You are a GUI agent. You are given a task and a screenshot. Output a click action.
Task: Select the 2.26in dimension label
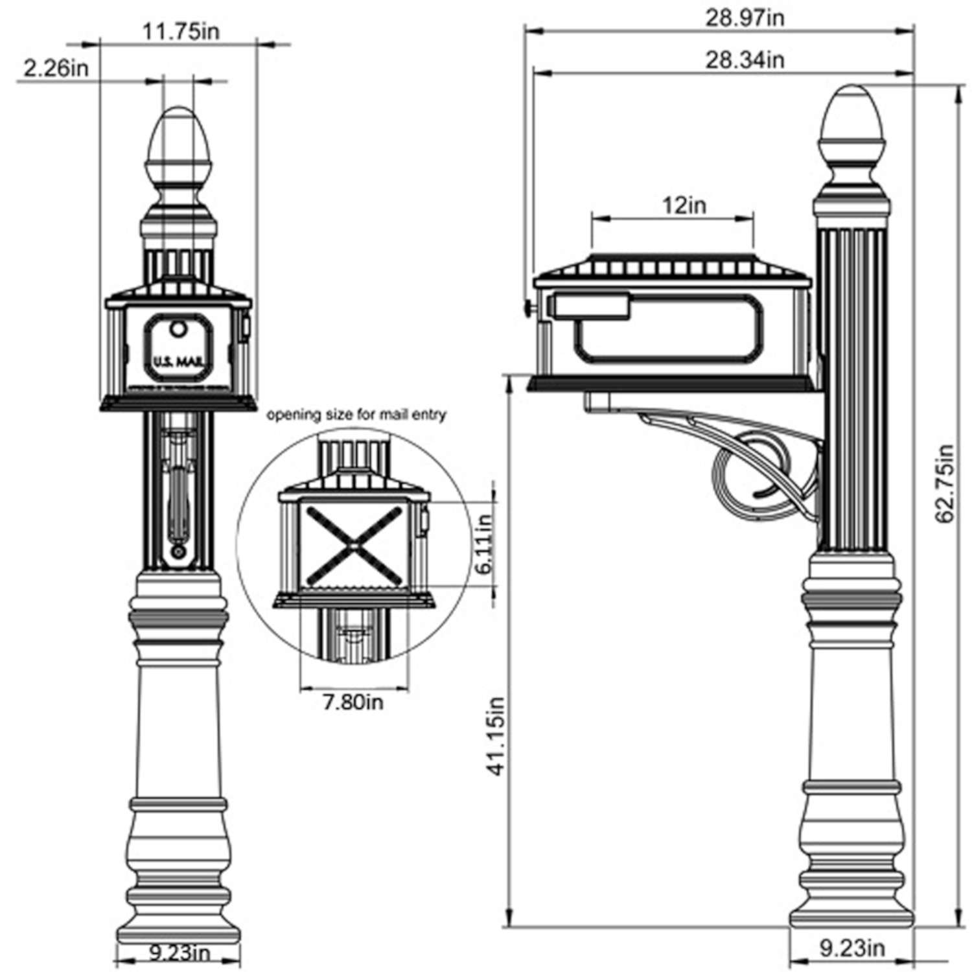56,69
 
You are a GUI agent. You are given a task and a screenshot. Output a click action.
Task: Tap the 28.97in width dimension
745,18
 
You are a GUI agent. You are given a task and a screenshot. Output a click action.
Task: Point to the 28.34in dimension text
745,60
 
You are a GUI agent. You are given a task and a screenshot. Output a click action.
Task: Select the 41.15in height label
497,736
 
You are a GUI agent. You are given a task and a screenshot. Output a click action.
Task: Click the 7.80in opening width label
353,701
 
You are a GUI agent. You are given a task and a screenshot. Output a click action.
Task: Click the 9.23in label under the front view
179,953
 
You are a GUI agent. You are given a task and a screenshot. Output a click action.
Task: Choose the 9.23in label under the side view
852,949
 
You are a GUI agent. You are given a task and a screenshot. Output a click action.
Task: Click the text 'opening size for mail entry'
356,415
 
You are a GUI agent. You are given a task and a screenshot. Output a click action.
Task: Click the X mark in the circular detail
353,545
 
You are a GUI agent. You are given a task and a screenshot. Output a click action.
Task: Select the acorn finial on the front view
179,146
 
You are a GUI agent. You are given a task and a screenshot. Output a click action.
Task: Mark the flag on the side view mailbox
590,306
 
